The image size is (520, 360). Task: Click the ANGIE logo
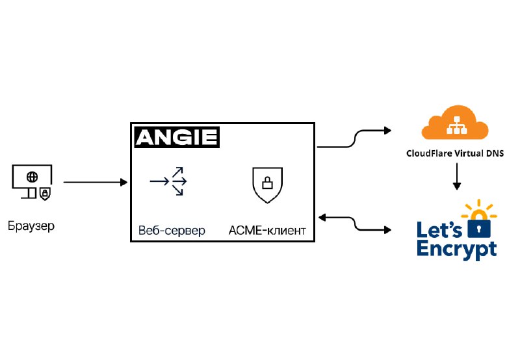(x=177, y=137)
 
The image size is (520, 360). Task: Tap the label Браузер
(x=31, y=226)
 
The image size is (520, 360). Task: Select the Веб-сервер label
(x=172, y=231)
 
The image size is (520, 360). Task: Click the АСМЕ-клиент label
(x=267, y=231)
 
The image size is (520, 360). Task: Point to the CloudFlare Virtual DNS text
(x=455, y=153)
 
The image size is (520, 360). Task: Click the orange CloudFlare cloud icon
(x=455, y=123)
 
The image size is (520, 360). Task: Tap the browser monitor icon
(x=32, y=181)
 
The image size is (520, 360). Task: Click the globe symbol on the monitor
(x=32, y=177)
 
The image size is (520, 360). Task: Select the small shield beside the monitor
(x=45, y=194)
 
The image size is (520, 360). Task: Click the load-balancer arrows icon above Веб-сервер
(x=168, y=181)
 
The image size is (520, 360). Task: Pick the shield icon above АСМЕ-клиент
(x=267, y=185)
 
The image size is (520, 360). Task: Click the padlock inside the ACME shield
(x=267, y=183)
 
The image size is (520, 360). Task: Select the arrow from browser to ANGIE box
(x=96, y=182)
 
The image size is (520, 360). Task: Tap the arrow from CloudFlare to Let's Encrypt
(x=457, y=176)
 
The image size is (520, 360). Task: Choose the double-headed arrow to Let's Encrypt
(x=355, y=223)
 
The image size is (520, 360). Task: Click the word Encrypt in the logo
(x=457, y=250)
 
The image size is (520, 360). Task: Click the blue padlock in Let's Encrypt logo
(x=479, y=225)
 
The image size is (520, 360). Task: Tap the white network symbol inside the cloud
(x=456, y=125)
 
